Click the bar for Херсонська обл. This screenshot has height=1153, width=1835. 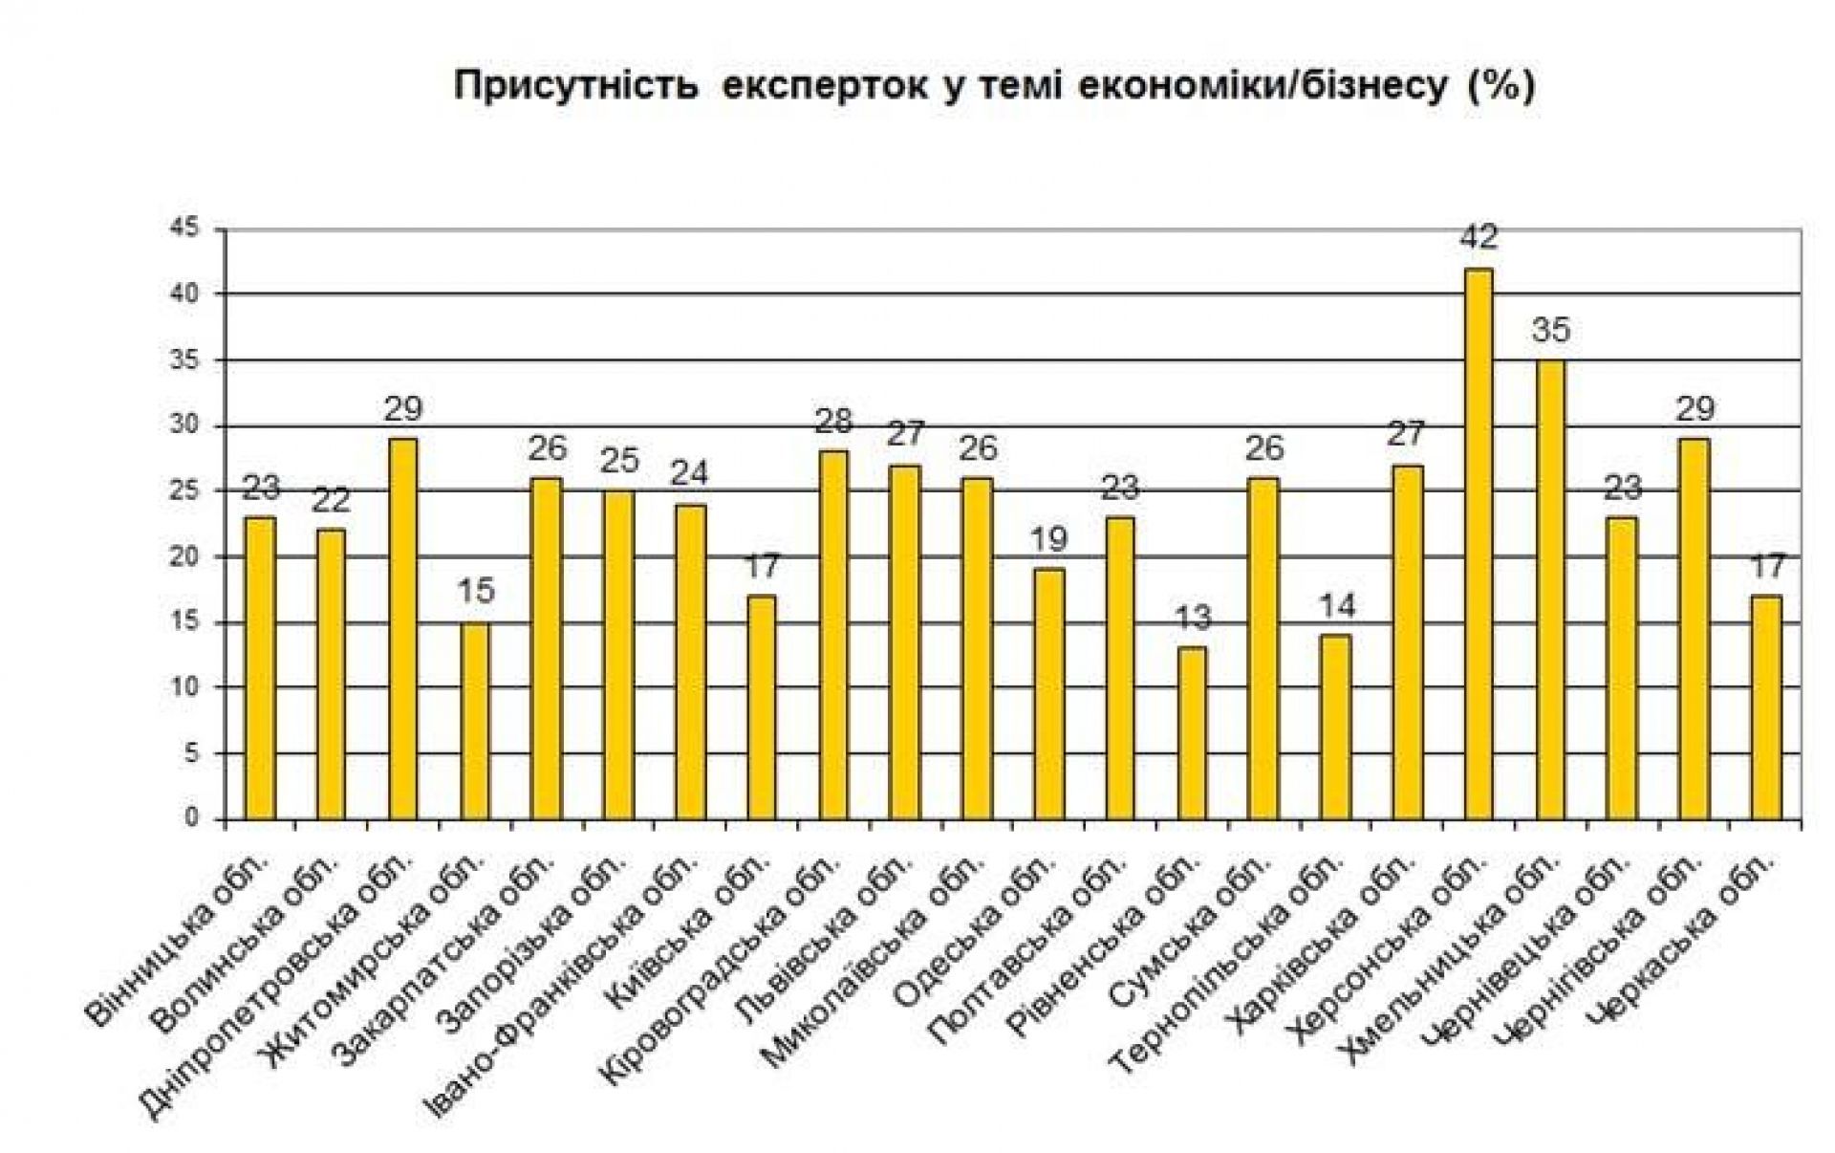(x=1479, y=544)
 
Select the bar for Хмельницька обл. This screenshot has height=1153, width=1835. (x=1550, y=590)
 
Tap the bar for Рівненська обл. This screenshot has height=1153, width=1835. (x=1192, y=733)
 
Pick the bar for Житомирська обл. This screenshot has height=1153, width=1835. (x=475, y=721)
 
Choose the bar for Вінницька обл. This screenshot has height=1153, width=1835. (x=260, y=668)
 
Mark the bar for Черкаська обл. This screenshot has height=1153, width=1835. (x=1766, y=707)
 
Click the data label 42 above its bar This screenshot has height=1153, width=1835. (x=1478, y=236)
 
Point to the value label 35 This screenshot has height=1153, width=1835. (x=1550, y=331)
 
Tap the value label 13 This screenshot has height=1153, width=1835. (x=1192, y=618)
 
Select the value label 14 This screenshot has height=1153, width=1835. (x=1335, y=605)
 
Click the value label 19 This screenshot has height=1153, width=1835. (x=1048, y=539)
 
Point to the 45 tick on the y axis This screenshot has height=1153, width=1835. (x=185, y=228)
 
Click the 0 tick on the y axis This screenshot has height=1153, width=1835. (x=192, y=818)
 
